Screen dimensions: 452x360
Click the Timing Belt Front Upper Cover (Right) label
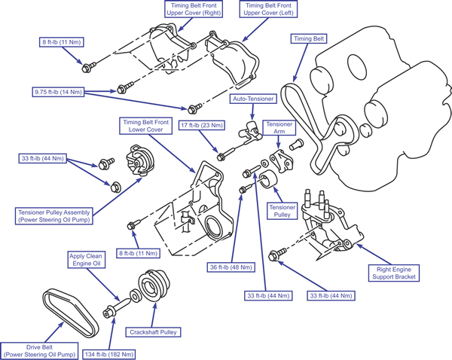coord(194,9)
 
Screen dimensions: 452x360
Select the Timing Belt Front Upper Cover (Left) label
coord(268,9)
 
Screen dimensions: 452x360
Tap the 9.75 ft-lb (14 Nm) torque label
coord(58,92)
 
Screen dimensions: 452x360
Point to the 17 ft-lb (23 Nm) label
coord(202,125)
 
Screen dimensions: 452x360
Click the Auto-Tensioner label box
coord(253,99)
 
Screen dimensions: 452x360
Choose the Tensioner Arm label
coord(279,128)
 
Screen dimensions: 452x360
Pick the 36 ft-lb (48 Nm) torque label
coord(231,267)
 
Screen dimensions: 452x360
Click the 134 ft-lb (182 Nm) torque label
coord(109,354)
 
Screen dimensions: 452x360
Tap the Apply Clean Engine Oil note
coord(86,260)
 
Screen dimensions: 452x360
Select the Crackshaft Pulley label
coord(153,332)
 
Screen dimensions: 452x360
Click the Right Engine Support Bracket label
coord(394,273)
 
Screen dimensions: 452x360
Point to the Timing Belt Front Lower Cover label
coord(146,126)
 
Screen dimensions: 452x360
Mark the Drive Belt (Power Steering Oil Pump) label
coord(39,351)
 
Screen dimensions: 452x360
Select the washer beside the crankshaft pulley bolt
coord(134,296)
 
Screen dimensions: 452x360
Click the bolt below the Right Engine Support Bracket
coord(276,255)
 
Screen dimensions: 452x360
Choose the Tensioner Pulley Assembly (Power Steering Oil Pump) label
coord(54,216)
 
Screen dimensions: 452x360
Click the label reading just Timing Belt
coord(308,38)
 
